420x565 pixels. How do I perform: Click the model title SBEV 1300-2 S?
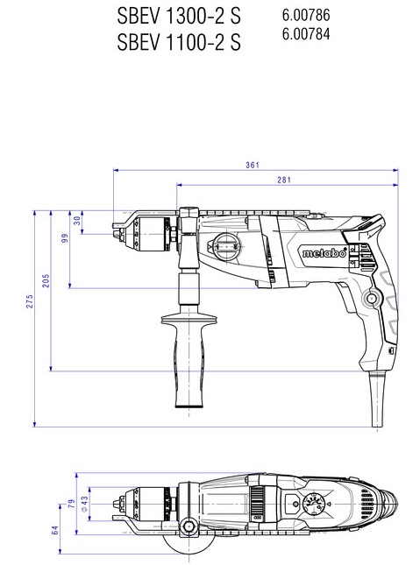179,17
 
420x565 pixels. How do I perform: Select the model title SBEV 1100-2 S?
179,42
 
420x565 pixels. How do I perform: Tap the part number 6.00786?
306,15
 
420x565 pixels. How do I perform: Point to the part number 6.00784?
306,34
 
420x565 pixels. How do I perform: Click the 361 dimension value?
253,165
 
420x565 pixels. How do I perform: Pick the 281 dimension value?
284,180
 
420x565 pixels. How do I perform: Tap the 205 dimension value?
46,280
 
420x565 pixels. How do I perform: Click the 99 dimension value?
65,238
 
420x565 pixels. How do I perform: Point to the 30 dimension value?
77,221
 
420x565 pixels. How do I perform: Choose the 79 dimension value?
72,504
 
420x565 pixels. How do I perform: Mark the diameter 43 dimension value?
84,504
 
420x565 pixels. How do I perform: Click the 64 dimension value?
55,531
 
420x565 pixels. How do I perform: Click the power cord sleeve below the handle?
377,399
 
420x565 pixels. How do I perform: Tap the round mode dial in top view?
314,504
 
